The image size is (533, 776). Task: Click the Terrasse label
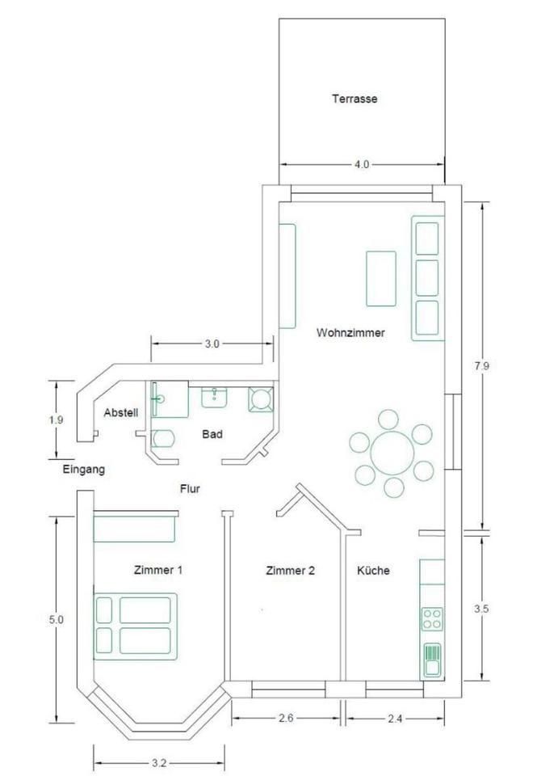coord(355,99)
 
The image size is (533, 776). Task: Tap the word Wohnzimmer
coord(350,332)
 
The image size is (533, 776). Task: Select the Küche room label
coord(373,570)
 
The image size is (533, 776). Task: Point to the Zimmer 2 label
coord(290,571)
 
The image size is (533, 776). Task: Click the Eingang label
coord(83,469)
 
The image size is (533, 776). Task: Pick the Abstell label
coord(121,413)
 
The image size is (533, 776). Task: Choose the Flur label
coord(190,489)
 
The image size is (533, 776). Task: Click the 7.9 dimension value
coord(481,365)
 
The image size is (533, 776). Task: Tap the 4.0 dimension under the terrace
coord(362,164)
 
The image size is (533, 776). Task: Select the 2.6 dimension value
coord(286,718)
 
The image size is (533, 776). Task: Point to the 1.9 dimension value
coord(57,420)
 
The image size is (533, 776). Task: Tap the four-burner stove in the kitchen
coord(431,619)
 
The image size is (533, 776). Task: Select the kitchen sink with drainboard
coord(432,660)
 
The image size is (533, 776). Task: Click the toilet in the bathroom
coord(164,438)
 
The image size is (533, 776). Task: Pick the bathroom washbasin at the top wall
coord(214,398)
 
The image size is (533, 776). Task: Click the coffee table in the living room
coord(380,279)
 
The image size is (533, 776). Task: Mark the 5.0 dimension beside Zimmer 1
coord(57,619)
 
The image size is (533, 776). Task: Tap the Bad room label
coord(212,434)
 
